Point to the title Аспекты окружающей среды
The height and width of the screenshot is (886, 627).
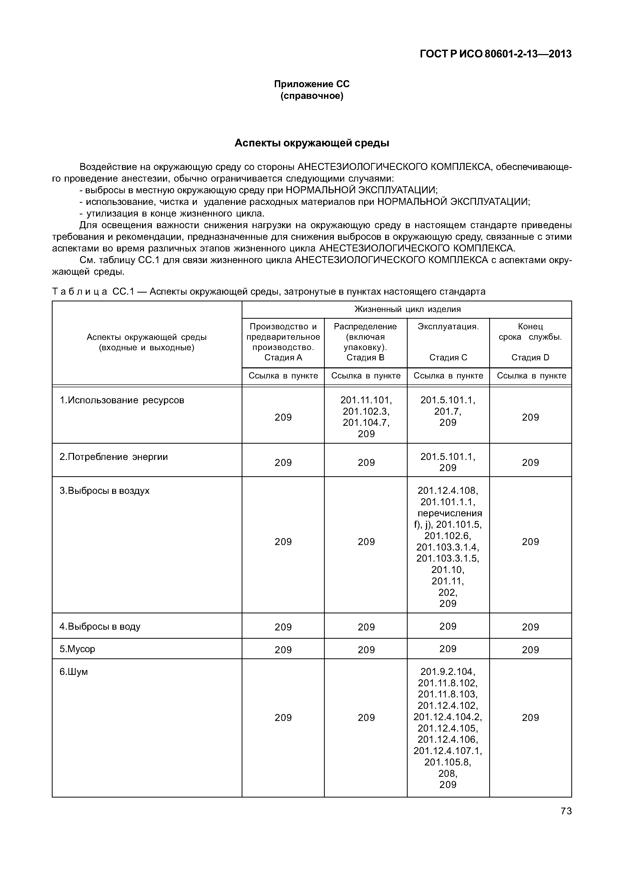click(x=312, y=143)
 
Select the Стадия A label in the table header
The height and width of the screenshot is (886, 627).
click(x=283, y=357)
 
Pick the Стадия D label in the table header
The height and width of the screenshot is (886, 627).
click(x=530, y=357)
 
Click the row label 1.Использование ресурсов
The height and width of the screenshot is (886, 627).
click(x=122, y=400)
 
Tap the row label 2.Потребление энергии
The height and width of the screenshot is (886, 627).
click(x=114, y=457)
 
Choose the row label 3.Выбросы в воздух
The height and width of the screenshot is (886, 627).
click(x=104, y=490)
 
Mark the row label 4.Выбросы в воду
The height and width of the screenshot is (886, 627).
click(x=100, y=626)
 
